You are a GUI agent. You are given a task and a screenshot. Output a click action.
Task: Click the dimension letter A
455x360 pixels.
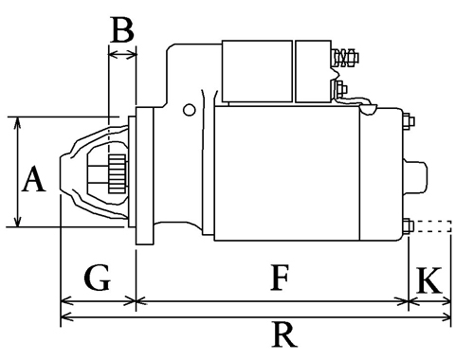click(x=34, y=179)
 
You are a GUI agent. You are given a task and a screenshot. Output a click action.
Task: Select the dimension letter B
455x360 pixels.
click(x=122, y=29)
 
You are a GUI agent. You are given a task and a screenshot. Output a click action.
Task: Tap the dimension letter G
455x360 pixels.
click(x=98, y=278)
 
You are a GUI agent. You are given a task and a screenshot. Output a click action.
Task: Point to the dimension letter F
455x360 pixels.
click(x=280, y=278)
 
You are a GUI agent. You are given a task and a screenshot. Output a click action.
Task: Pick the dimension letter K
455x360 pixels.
click(x=429, y=280)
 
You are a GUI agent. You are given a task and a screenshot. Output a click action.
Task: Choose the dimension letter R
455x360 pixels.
click(x=284, y=334)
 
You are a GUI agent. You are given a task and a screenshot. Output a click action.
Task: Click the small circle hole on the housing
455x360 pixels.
click(x=189, y=110)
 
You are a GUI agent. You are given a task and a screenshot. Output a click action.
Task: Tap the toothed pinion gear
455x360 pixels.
click(x=118, y=174)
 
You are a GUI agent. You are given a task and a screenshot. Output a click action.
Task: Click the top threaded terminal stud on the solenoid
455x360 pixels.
click(x=345, y=58)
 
